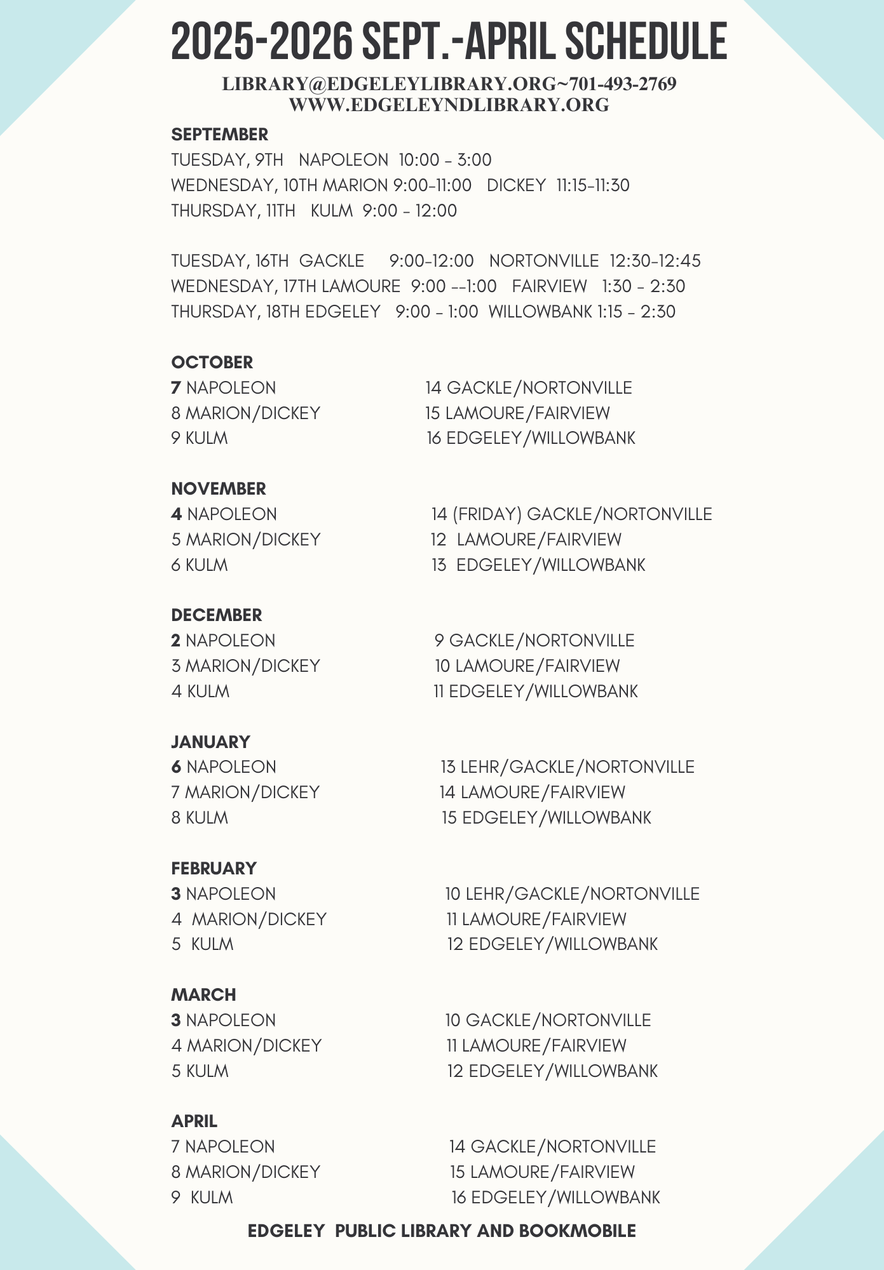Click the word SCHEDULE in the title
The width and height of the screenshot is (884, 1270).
(646, 41)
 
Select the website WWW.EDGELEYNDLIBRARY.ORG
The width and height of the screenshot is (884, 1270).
(449, 105)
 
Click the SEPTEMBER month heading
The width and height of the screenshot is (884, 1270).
(219, 135)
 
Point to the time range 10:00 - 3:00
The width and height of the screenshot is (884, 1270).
(445, 160)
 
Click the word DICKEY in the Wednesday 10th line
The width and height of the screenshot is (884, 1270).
(516, 185)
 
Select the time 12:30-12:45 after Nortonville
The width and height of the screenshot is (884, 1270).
(655, 261)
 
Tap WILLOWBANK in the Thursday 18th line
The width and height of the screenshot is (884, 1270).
(540, 312)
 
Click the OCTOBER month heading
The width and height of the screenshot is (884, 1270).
(212, 363)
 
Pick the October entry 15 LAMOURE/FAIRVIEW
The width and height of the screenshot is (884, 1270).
(517, 413)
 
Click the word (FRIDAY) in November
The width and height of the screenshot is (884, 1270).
(487, 514)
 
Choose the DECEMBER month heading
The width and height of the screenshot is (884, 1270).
(216, 615)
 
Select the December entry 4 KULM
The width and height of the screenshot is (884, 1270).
(200, 692)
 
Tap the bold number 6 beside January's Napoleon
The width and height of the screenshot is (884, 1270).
(176, 767)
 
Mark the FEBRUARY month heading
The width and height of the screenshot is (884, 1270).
(214, 869)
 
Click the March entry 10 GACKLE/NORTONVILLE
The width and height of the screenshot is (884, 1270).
(548, 1020)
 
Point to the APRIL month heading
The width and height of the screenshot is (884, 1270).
(194, 1121)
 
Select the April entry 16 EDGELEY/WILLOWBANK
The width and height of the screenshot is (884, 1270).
(555, 1198)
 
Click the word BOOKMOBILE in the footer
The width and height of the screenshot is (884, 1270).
(577, 1231)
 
